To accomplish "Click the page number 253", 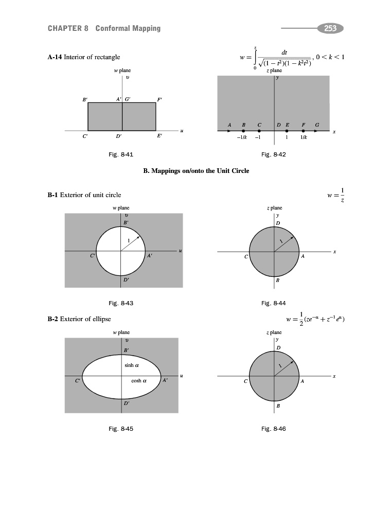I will pos(330,28).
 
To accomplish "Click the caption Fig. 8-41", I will pos(122,154).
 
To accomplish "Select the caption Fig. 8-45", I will pos(122,428).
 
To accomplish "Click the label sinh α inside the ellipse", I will pos(132,365).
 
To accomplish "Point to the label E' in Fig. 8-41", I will pos(160,136).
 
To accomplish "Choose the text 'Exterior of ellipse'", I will pos(85,319).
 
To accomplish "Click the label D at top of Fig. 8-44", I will pos(278,223).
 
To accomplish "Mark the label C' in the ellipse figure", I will pos(77,381).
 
